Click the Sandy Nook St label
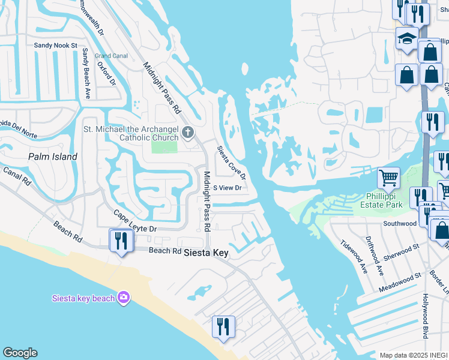56,45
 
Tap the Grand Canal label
111,56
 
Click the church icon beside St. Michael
188,132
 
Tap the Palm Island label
53,157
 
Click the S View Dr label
228,188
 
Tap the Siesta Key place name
206,253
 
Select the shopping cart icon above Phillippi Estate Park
388,177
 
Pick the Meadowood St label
400,282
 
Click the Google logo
20,353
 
